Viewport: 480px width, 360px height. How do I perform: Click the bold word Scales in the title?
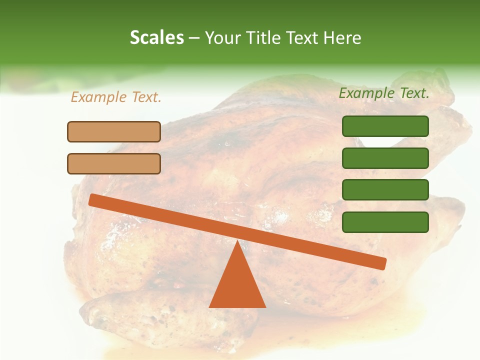pyautogui.click(x=156, y=37)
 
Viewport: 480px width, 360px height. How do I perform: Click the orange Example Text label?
pyautogui.click(x=116, y=97)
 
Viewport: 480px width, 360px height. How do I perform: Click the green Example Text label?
pyautogui.click(x=384, y=93)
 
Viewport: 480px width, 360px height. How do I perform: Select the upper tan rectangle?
pyautogui.click(x=114, y=131)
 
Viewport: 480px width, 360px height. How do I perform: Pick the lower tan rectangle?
pyautogui.click(x=114, y=163)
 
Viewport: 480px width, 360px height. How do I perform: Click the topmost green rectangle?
pyautogui.click(x=385, y=126)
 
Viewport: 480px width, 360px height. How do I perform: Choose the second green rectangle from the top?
pyautogui.click(x=385, y=158)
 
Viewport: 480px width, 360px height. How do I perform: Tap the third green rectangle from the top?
pyautogui.click(x=385, y=190)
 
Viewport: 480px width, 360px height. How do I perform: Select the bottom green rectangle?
pyautogui.click(x=385, y=222)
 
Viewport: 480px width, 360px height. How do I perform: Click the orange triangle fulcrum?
pyautogui.click(x=237, y=282)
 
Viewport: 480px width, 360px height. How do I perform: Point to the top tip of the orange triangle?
pyautogui.click(x=237, y=241)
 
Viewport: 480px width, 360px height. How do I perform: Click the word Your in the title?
pyautogui.click(x=221, y=37)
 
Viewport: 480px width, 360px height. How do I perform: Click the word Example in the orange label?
pyautogui.click(x=99, y=97)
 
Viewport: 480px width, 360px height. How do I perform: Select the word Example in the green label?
pyautogui.click(x=367, y=93)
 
